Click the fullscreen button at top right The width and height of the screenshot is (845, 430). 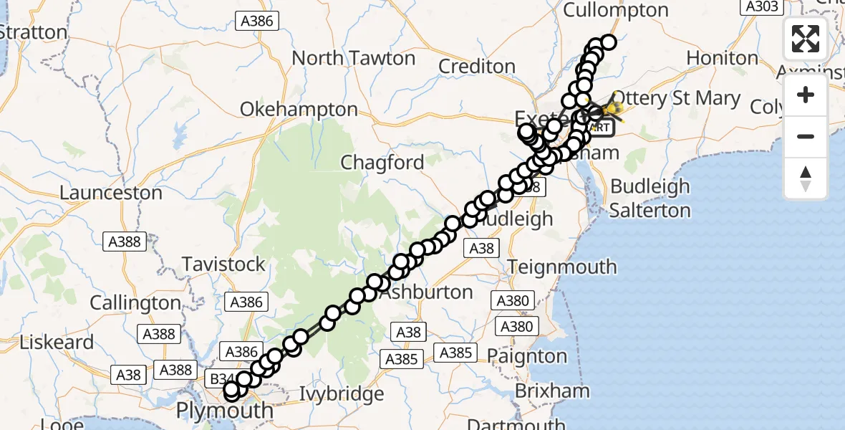(x=806, y=38)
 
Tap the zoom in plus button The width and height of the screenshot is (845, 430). (x=806, y=95)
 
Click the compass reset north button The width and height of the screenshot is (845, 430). (x=806, y=178)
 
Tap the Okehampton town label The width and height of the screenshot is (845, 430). (x=299, y=110)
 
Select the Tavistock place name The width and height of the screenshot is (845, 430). (x=223, y=264)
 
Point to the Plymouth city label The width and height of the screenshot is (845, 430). (x=225, y=411)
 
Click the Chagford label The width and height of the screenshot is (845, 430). (x=382, y=163)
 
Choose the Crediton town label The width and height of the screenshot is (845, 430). (x=476, y=67)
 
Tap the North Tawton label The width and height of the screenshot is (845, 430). (x=354, y=58)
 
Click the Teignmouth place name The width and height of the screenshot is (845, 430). (x=562, y=267)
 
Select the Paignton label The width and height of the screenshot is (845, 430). (x=526, y=356)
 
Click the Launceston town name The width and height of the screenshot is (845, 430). (x=111, y=193)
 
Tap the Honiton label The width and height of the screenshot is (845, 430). (x=722, y=58)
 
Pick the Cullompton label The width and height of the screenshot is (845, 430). (x=616, y=11)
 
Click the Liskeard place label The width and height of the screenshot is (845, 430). (x=57, y=342)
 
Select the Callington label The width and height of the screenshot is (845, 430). (x=135, y=303)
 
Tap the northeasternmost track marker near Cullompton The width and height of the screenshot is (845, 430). (x=609, y=42)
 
